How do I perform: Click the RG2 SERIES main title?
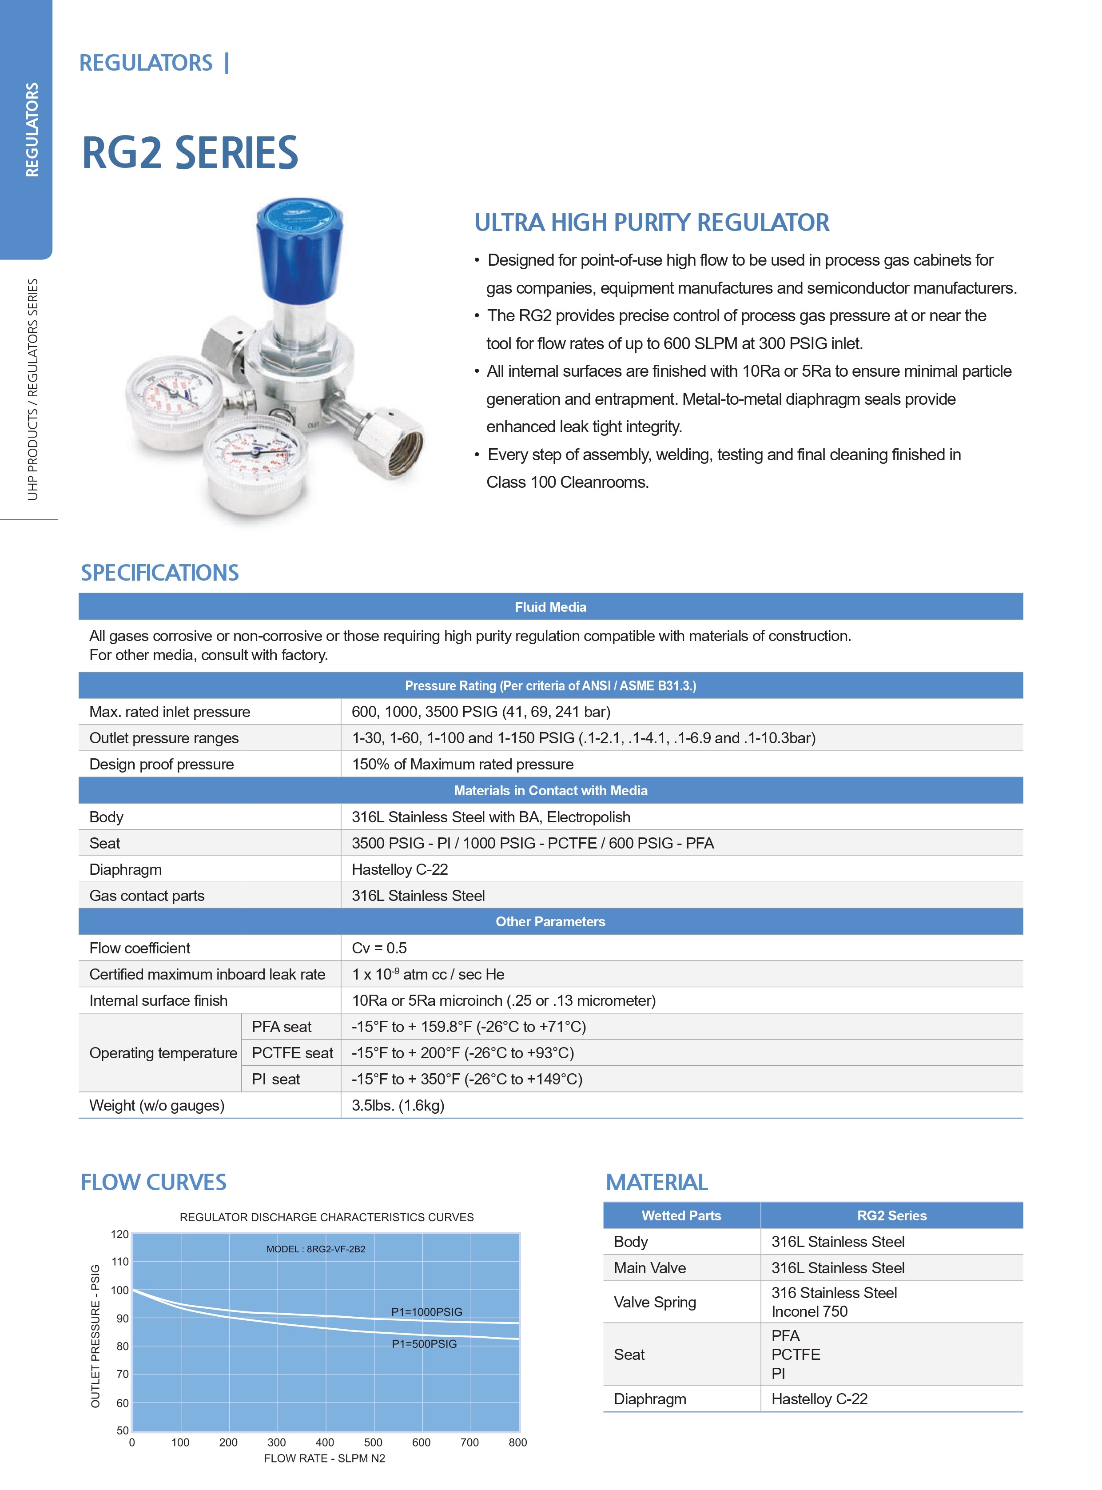coord(190,153)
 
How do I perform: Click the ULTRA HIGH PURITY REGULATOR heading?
coord(652,222)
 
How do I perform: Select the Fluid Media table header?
coord(550,606)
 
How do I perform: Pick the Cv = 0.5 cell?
coord(379,948)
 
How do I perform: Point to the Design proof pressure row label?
coord(161,764)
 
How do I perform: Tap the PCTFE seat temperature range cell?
coord(462,1052)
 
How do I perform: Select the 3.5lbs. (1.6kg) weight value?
coord(398,1105)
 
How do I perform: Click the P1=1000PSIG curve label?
coord(426,1311)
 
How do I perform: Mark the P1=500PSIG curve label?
coord(424,1343)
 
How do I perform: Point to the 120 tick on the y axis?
coord(119,1234)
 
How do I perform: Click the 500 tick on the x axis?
coord(373,1441)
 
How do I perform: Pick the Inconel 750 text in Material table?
coord(809,1311)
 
